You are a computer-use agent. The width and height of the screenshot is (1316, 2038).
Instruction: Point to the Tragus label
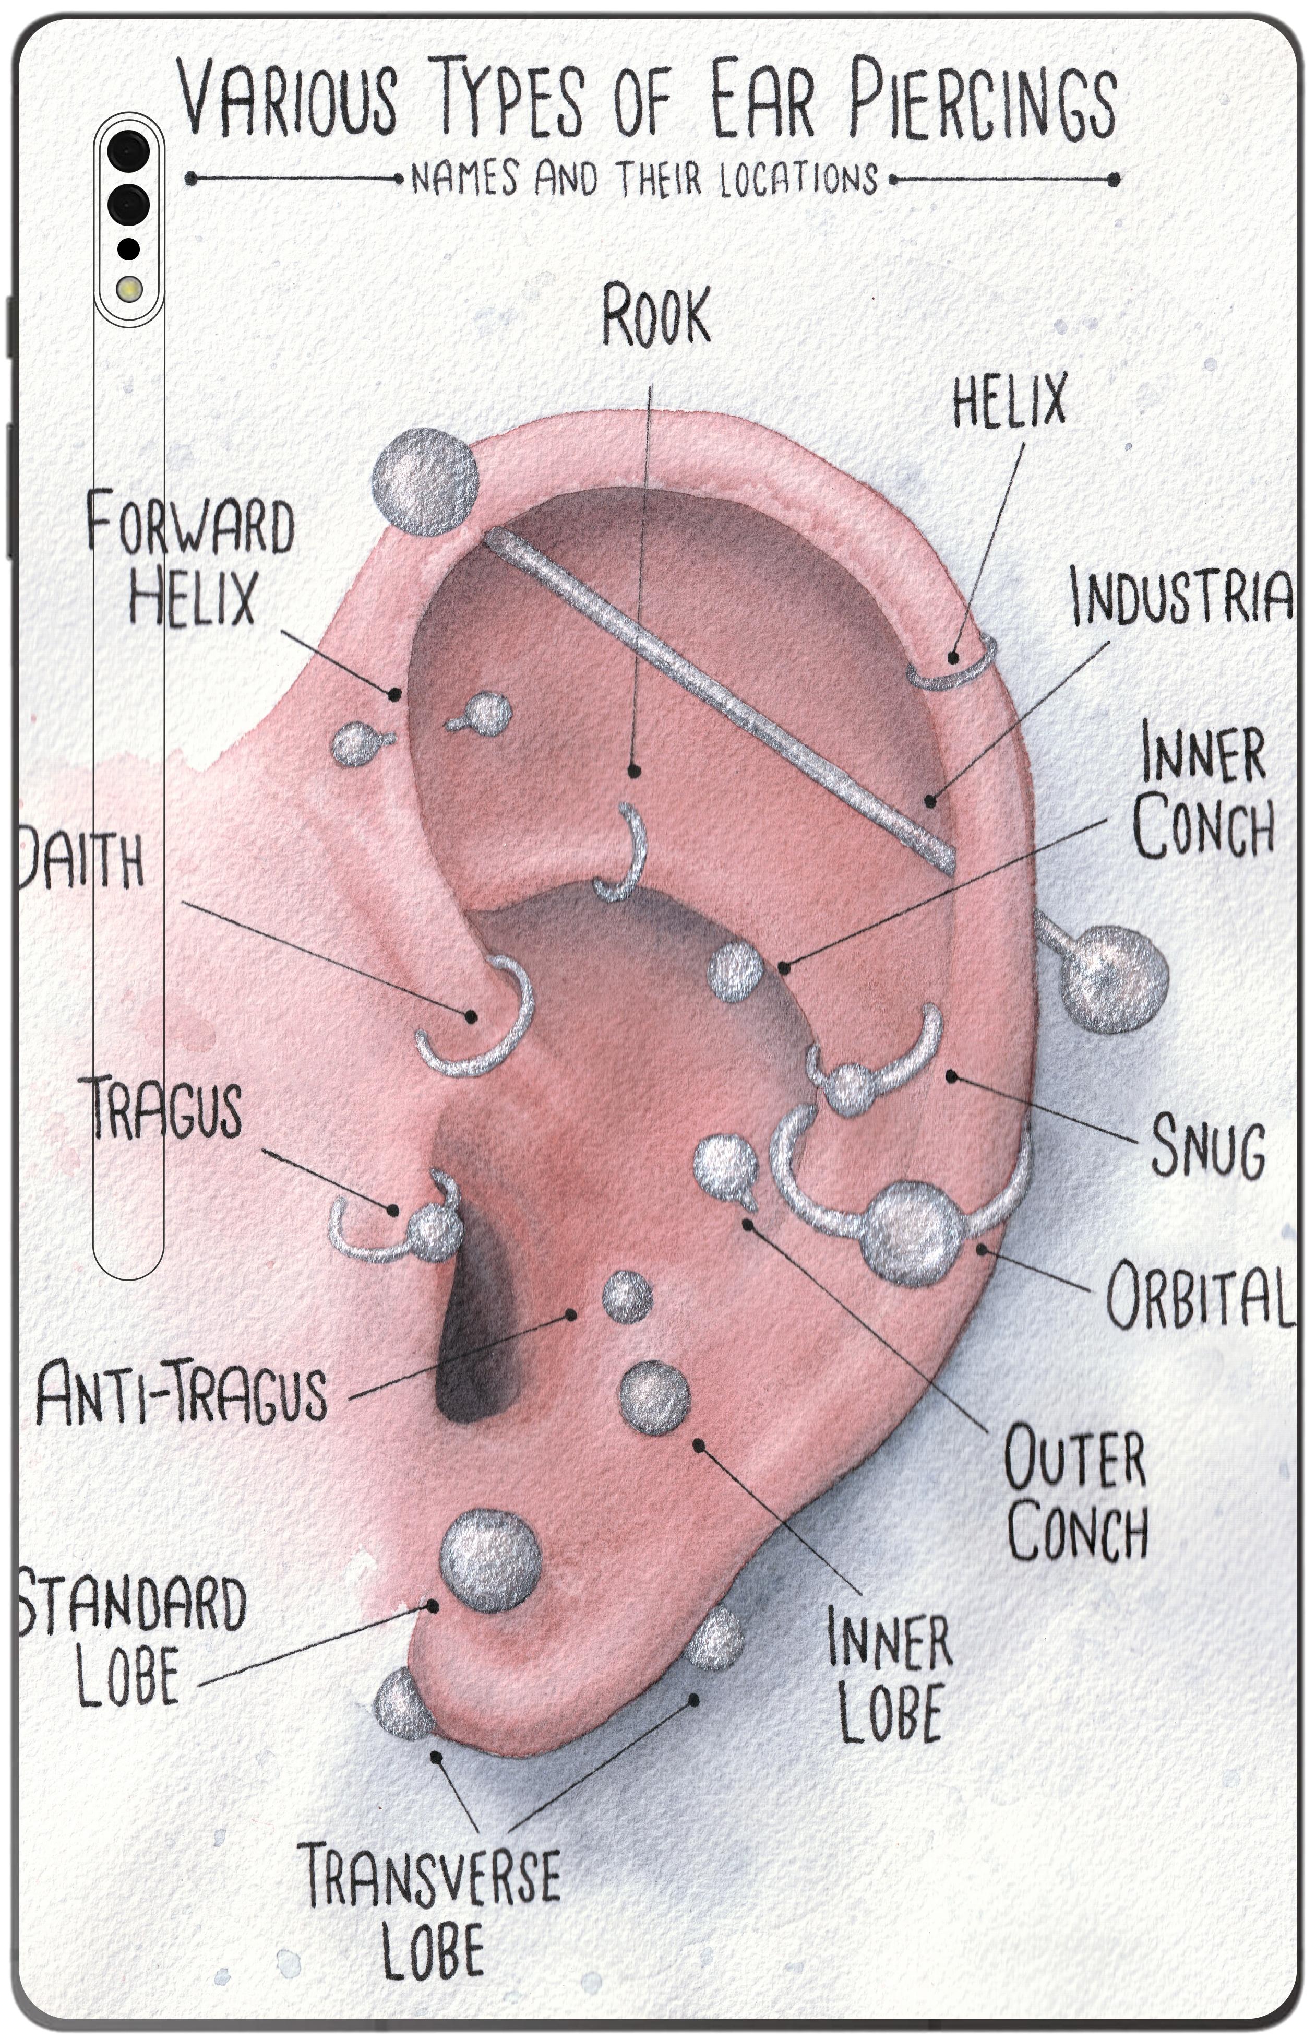click(x=166, y=1109)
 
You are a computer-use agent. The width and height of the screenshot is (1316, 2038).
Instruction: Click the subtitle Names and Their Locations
click(x=645, y=180)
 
